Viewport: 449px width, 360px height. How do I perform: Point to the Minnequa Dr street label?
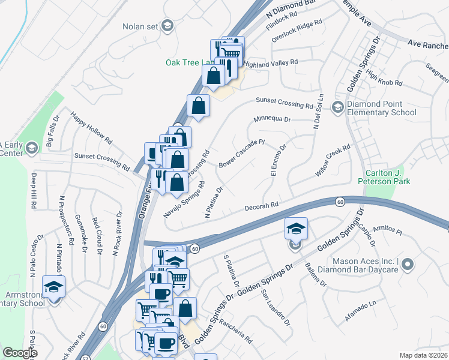coord(271,119)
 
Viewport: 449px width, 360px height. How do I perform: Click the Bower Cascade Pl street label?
coord(241,154)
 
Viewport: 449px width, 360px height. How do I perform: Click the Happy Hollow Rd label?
coord(91,128)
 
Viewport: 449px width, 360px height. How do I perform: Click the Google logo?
coord(20,353)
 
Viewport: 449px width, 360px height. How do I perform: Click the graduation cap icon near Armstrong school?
coord(53,286)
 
